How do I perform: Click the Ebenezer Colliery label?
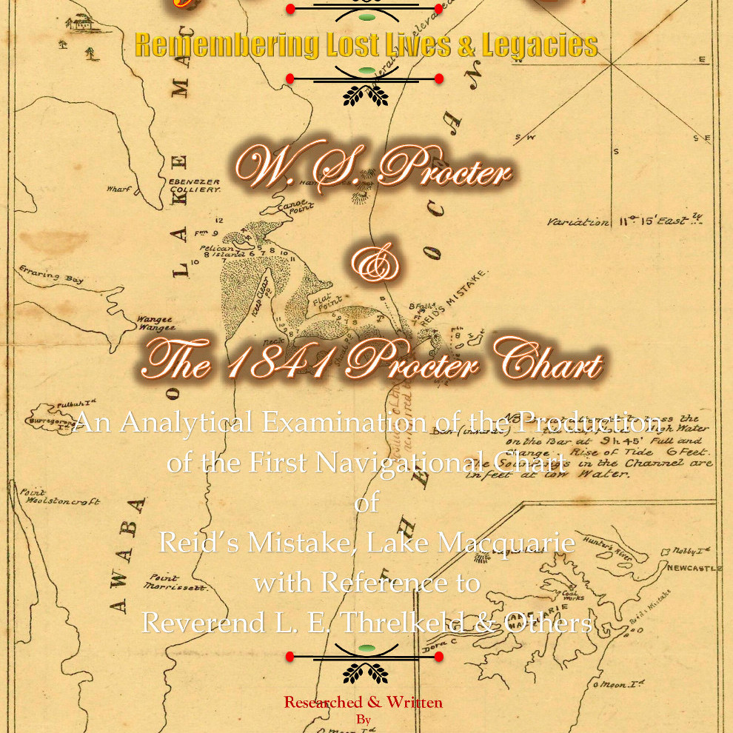(195, 185)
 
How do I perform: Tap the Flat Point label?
(327, 304)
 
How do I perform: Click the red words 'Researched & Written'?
(363, 702)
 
